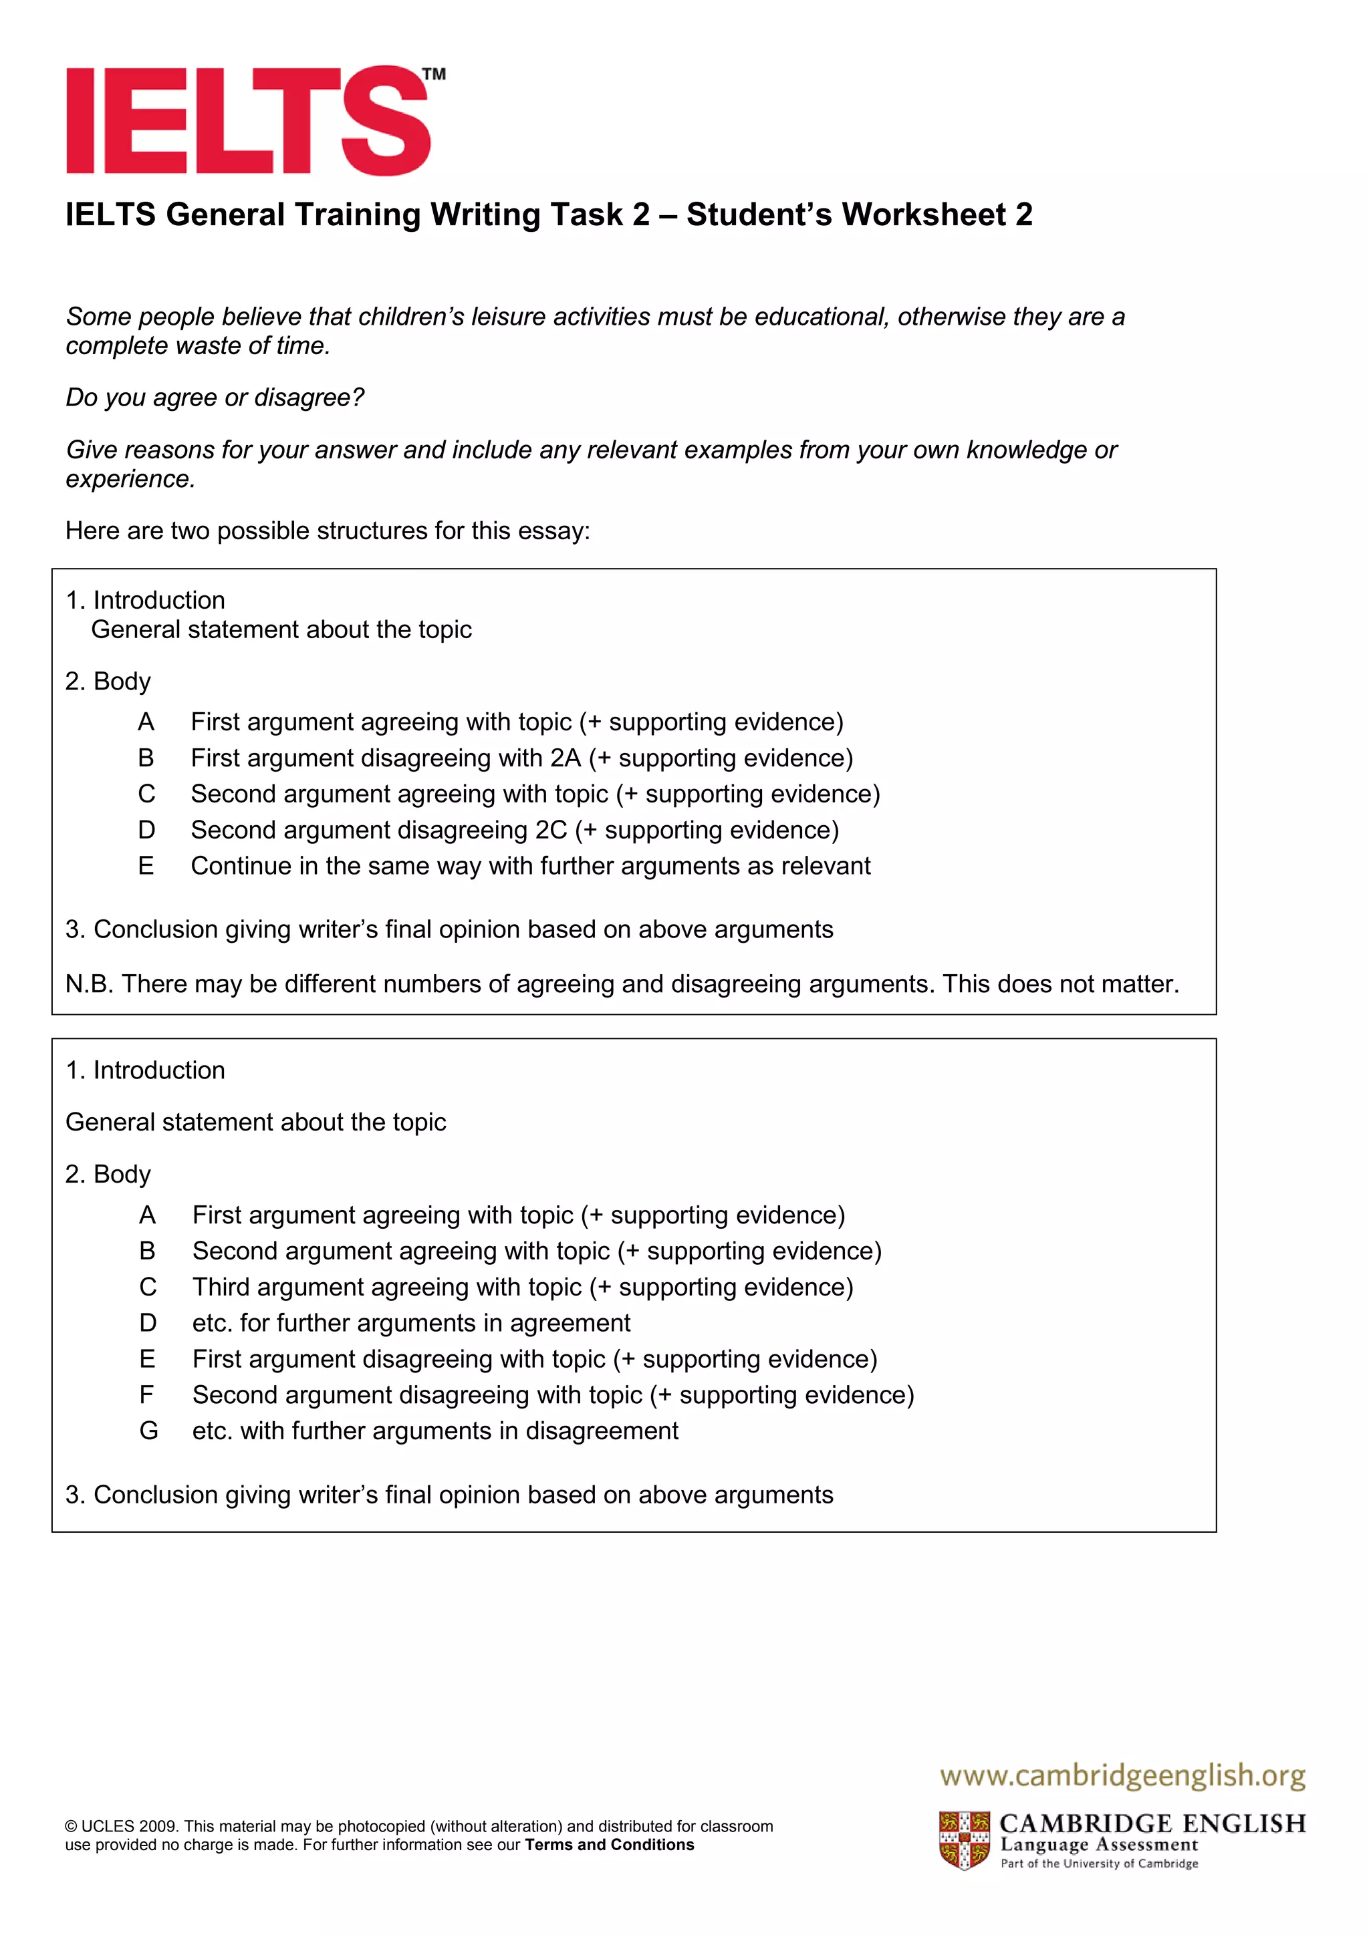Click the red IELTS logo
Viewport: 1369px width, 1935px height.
pos(249,120)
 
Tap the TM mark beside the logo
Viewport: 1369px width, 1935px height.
pos(434,74)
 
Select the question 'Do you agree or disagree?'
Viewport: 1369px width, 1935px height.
pos(215,398)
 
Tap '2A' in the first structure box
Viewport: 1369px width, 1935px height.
pos(566,758)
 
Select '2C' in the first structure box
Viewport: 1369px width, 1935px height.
pos(551,830)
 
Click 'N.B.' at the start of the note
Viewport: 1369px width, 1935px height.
pos(90,984)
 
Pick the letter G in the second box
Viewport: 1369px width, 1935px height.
pos(148,1431)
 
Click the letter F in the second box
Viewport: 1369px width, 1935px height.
pos(146,1394)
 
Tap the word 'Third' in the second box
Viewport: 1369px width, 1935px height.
pos(221,1287)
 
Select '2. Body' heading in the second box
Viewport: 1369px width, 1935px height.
pos(108,1174)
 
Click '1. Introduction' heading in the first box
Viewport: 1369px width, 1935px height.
pos(145,600)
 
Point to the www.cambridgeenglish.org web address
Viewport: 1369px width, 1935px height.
pos(1123,1776)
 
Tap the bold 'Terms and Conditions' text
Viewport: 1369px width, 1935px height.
pos(610,1845)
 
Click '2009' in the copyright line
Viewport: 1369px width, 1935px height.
pos(158,1826)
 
